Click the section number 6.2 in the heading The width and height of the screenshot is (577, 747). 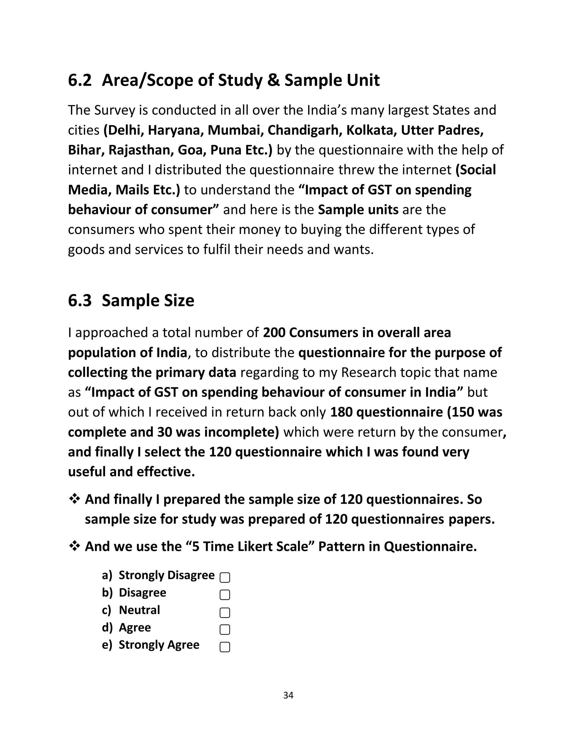coord(80,80)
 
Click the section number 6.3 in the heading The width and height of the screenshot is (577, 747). coord(80,301)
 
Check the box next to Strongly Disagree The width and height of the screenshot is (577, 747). coord(225,577)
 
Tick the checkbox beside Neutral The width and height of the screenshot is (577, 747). coord(225,612)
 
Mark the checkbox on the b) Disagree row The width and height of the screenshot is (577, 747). coord(225,595)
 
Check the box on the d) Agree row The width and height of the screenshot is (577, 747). coord(225,629)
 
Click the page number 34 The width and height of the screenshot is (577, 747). coord(288,695)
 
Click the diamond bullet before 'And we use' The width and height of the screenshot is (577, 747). coord(74,546)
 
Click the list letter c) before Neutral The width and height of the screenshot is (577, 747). coord(107,610)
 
